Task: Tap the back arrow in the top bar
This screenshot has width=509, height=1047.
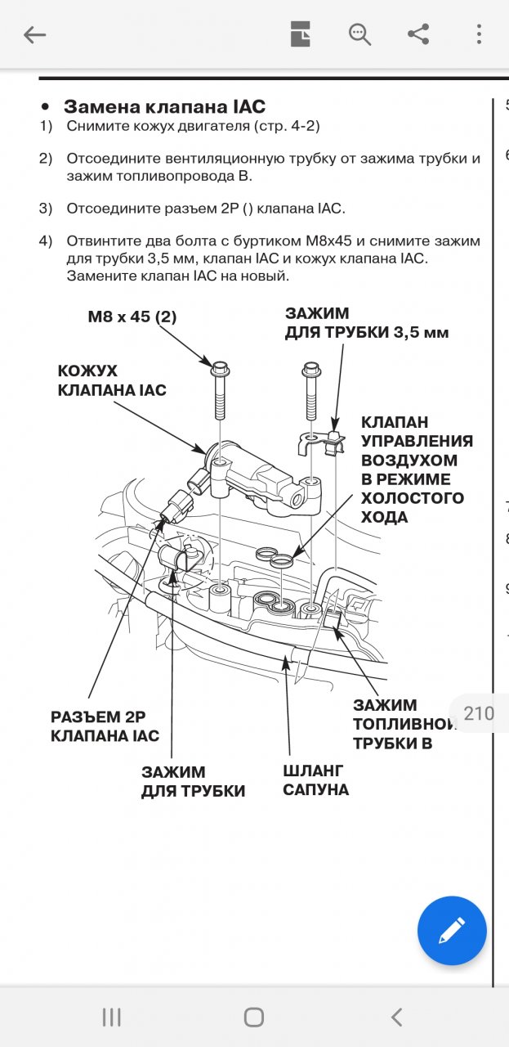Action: coord(35,34)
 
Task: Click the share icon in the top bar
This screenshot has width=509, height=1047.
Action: coord(418,34)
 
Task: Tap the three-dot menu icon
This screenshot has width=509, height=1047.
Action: coord(480,34)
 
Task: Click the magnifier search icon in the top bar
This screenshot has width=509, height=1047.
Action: coord(359,34)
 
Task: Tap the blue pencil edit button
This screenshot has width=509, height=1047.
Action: coord(452,930)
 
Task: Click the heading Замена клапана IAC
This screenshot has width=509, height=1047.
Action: coord(164,106)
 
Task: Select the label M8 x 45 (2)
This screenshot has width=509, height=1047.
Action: coord(132,317)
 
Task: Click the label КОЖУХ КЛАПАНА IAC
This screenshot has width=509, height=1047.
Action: coord(112,380)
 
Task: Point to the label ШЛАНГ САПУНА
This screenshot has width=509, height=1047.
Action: coord(315,780)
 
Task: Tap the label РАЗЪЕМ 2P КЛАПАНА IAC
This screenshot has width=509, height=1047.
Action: coord(105,726)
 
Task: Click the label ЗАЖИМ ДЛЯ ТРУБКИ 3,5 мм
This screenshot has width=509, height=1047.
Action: coord(367,323)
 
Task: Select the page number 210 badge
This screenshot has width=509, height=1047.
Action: coord(479,713)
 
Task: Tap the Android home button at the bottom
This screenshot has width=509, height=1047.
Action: coord(254,1017)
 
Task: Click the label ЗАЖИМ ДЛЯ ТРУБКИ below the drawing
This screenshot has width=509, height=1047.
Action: coord(193,781)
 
